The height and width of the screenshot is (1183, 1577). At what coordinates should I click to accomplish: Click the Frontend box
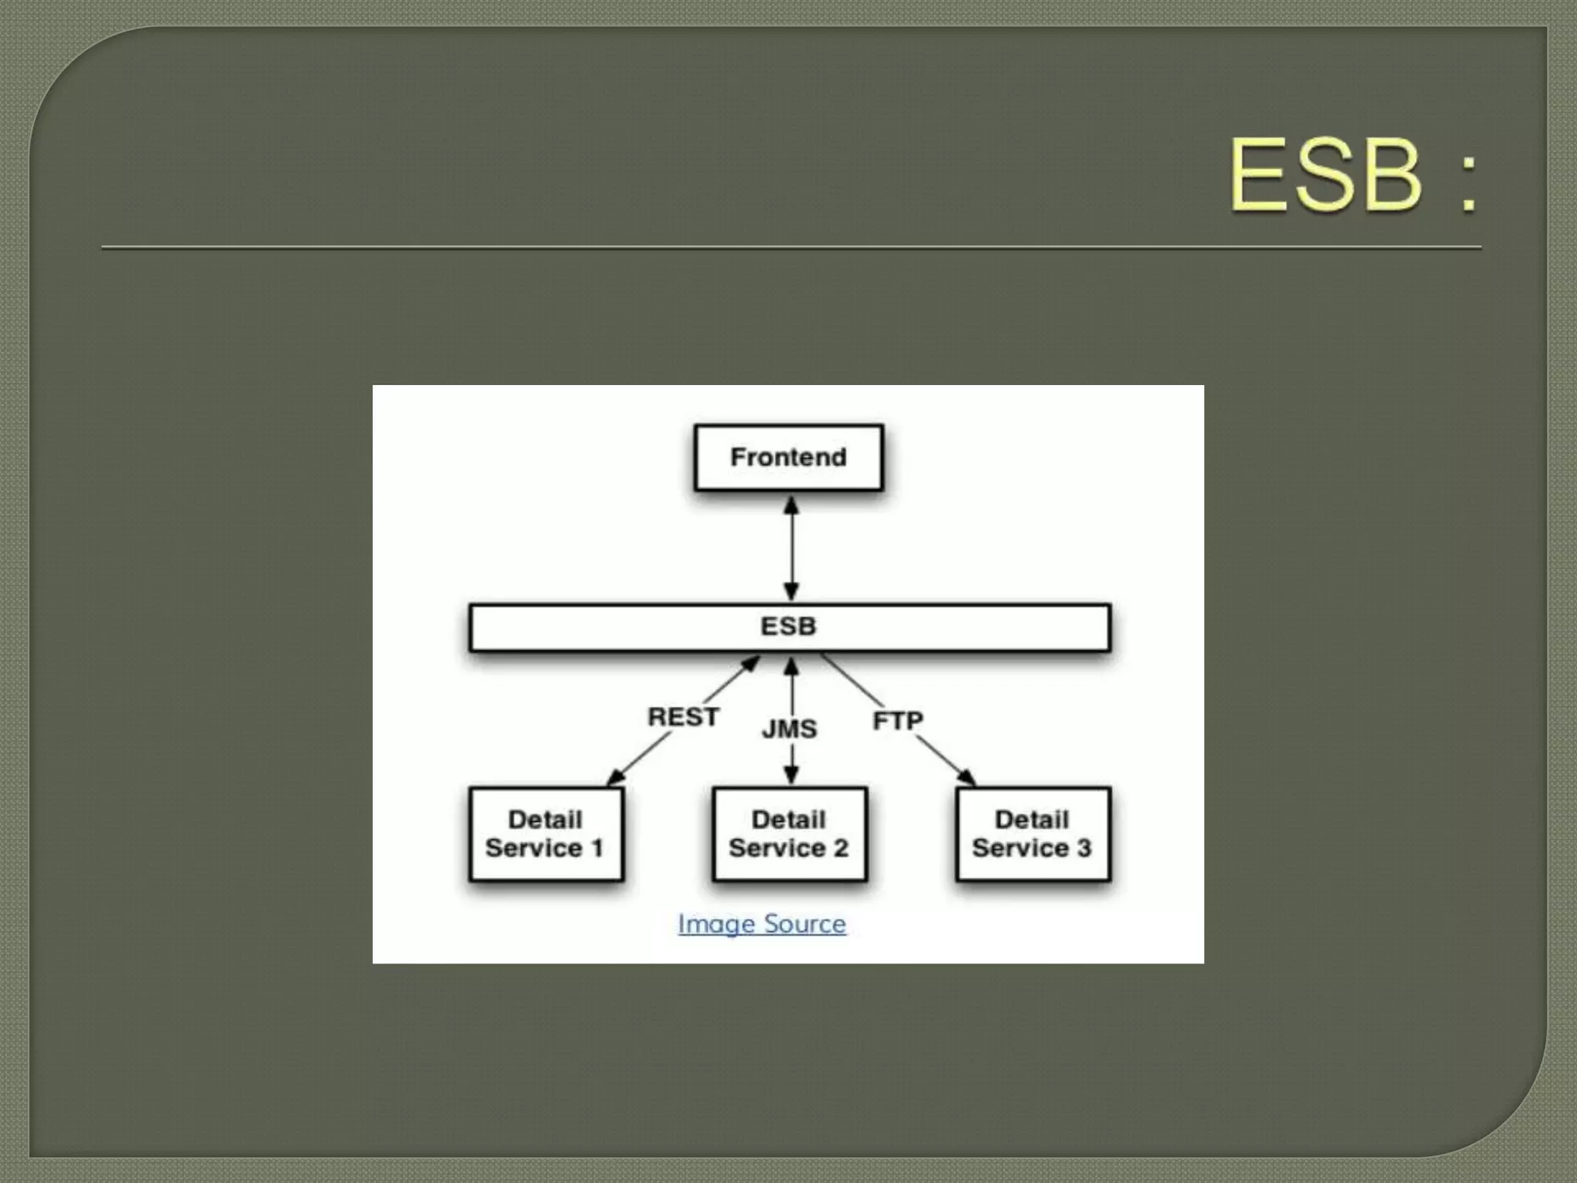[788, 457]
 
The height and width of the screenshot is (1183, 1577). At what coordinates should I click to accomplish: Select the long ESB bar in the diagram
[789, 627]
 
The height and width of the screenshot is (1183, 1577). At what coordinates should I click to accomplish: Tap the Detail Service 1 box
[545, 833]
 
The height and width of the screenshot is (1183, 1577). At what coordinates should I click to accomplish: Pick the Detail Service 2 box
[789, 833]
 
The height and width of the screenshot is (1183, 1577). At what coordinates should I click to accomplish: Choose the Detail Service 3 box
[1033, 833]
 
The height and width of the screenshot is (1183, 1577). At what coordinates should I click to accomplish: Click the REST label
[683, 717]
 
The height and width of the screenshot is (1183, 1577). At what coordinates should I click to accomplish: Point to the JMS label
[789, 729]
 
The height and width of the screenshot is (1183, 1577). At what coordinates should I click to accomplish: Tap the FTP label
[897, 721]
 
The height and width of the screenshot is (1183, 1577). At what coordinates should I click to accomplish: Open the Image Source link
[762, 923]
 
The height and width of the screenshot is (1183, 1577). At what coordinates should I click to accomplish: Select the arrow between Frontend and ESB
[791, 548]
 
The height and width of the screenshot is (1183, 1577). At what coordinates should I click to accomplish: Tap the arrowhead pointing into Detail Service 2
[791, 775]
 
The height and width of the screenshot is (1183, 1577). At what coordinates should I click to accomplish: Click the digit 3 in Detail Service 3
[1083, 848]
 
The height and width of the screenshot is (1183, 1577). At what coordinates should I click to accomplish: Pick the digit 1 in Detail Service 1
[597, 848]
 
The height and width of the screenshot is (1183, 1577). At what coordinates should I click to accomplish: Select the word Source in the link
[805, 923]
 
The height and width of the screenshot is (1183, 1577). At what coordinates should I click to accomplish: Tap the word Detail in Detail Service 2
[788, 819]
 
